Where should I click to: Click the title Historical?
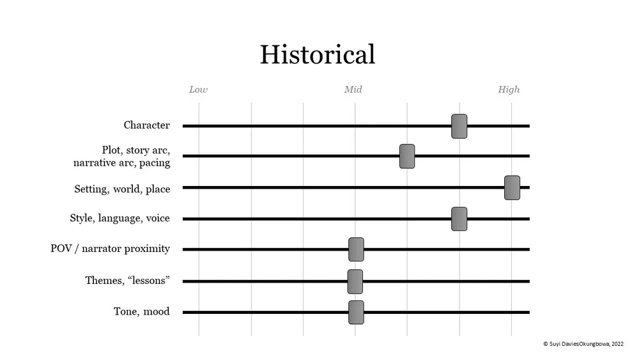[x=317, y=54]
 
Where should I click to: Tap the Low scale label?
[x=198, y=90]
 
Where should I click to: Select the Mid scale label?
[x=353, y=90]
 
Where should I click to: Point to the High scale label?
[x=509, y=90]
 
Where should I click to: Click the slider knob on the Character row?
[x=459, y=126]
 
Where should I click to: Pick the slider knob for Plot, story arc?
[x=407, y=156]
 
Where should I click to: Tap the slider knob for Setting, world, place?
[x=512, y=187]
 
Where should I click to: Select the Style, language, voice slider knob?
[x=459, y=219]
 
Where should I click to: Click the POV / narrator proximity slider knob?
[x=356, y=249]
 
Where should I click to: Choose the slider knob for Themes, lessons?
[x=355, y=281]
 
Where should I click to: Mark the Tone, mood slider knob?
[x=356, y=312]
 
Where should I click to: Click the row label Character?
[x=146, y=125]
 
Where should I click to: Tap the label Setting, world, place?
[x=122, y=189]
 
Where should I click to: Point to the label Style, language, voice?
[x=119, y=219]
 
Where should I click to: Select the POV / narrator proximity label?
[x=110, y=249]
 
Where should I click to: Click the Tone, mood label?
[x=141, y=312]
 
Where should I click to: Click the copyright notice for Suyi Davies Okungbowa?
[x=583, y=343]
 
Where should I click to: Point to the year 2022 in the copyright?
[x=617, y=343]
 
